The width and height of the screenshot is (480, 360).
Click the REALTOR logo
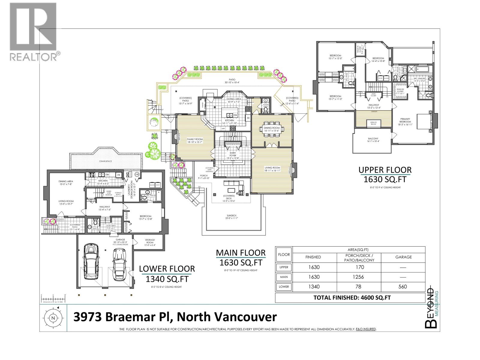tap(33, 31)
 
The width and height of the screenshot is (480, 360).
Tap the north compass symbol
tap(53, 318)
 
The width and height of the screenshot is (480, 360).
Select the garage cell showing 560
tap(403, 286)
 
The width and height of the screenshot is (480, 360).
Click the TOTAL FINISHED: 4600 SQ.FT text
tap(352, 298)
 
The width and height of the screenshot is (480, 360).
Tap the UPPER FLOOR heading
tap(385, 170)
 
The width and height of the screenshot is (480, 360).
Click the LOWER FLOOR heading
tap(167, 269)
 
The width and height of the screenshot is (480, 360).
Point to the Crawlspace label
tap(106, 161)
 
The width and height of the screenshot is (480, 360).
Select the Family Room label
tap(195, 139)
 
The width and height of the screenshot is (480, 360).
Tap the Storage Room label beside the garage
tap(150, 241)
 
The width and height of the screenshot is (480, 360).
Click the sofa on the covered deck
tap(232, 183)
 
